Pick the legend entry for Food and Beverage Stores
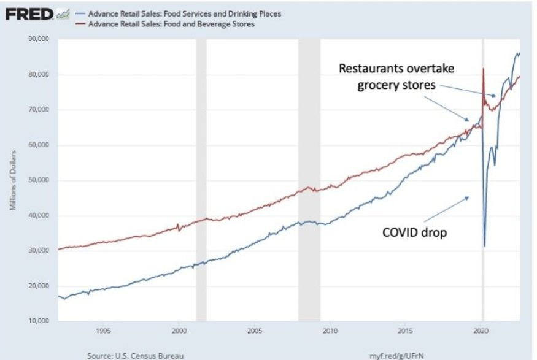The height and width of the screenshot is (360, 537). pyautogui.click(x=171, y=24)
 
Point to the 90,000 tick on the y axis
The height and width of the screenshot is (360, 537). pyautogui.click(x=40, y=39)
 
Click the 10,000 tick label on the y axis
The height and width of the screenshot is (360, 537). pyautogui.click(x=40, y=321)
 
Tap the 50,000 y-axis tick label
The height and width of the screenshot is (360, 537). pyautogui.click(x=40, y=180)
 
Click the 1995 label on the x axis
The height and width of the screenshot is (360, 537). pyautogui.click(x=103, y=331)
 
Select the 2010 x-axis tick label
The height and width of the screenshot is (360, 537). pyautogui.click(x=330, y=331)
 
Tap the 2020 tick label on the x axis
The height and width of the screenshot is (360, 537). pyautogui.click(x=481, y=331)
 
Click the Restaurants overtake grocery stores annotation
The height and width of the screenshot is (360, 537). pyautogui.click(x=396, y=77)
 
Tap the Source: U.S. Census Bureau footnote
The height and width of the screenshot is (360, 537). pyautogui.click(x=127, y=354)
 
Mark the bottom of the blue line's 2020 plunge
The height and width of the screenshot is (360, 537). pyautogui.click(x=484, y=246)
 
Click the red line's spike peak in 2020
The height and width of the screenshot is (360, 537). pyautogui.click(x=483, y=68)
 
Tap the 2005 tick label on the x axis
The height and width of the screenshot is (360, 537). pyautogui.click(x=254, y=331)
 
